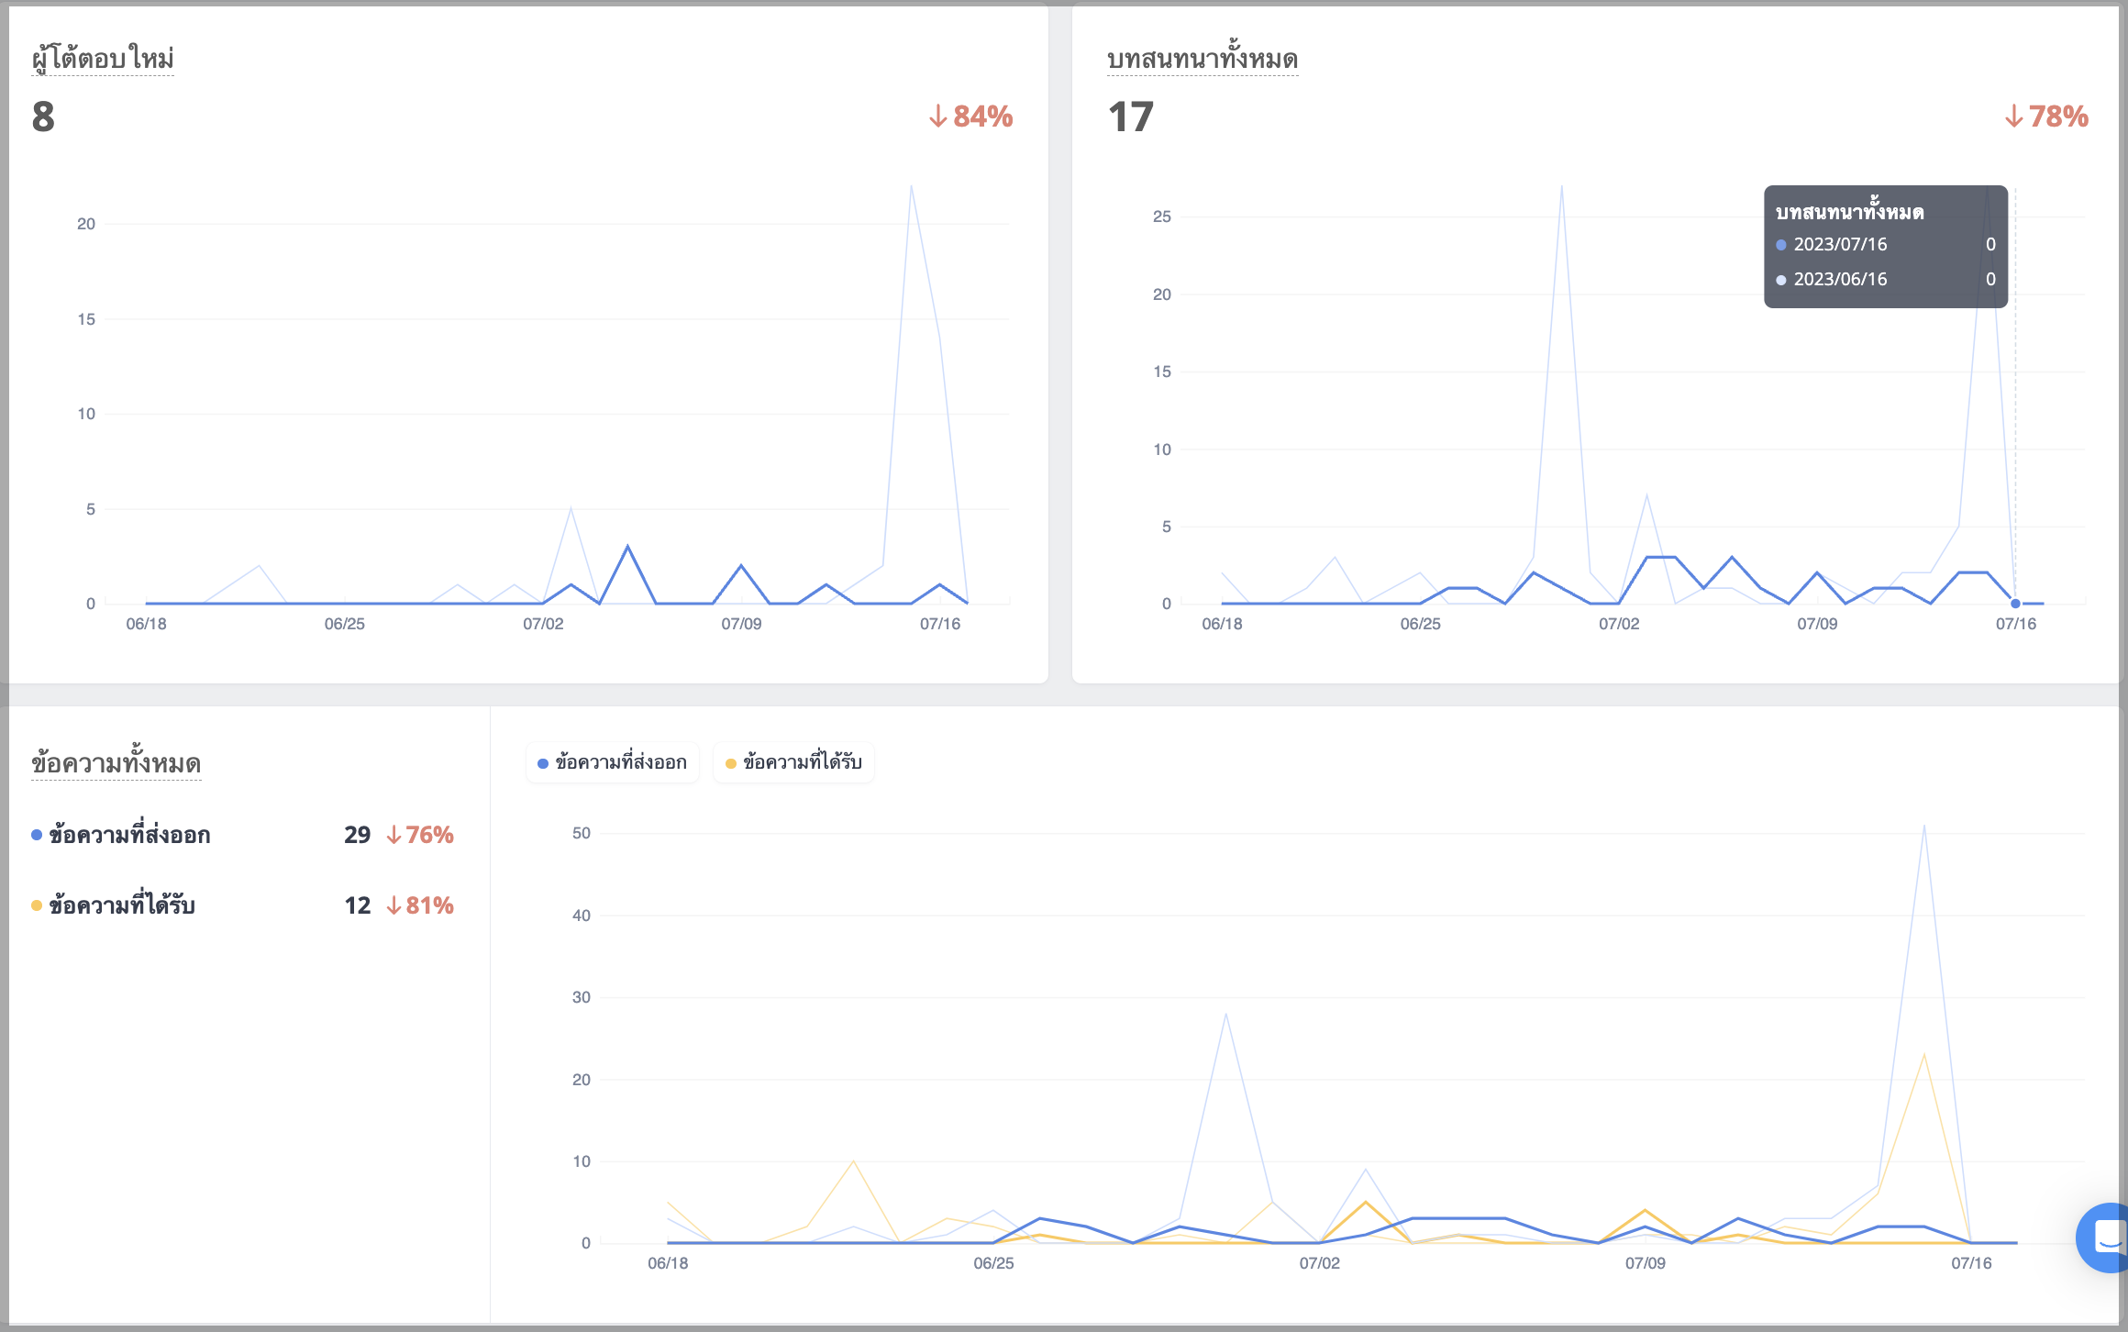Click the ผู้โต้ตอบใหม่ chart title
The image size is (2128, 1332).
[103, 58]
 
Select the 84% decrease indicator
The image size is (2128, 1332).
[970, 117]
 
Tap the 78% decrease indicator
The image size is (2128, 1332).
[2046, 117]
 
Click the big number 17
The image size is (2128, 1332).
[1130, 117]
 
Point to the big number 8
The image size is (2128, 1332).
[43, 117]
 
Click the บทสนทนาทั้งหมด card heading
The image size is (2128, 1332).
[1203, 59]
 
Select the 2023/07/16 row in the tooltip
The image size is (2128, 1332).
[1886, 244]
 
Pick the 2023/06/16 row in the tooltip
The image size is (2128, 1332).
[1886, 279]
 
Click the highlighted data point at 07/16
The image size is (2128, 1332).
[2015, 604]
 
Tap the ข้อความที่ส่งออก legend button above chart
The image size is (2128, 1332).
[613, 762]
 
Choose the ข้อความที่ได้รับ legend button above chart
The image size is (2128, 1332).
[793, 762]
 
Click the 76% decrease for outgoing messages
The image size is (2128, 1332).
[420, 835]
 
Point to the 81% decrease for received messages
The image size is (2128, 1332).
[420, 905]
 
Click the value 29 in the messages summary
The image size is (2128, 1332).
[358, 835]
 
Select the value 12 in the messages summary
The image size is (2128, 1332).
[358, 905]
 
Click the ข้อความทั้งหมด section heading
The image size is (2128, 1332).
[116, 763]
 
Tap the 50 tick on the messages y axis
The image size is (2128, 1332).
[582, 833]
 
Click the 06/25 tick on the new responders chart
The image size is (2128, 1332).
[345, 624]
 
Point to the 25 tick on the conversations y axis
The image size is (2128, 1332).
[1162, 216]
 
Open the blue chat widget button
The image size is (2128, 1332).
[2104, 1238]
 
